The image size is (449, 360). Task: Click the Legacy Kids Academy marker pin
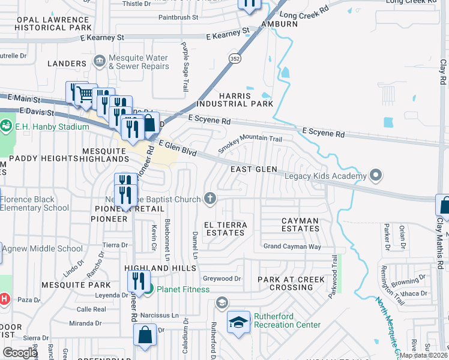coord(376,175)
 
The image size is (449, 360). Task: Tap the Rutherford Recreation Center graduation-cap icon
coord(238,323)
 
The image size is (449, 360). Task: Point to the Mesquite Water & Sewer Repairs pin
coord(99,61)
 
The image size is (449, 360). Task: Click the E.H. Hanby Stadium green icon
coord(6,126)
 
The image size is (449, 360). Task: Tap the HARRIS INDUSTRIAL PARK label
coord(246,100)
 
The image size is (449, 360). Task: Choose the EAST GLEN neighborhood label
coord(255,169)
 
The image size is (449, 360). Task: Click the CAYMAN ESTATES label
coord(301,225)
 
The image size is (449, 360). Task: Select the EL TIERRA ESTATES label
coord(225,228)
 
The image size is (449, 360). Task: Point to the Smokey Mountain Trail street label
coord(250,143)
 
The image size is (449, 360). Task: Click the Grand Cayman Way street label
coord(292,247)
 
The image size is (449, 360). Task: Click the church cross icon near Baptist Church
coord(210,197)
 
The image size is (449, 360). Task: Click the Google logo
coord(20,353)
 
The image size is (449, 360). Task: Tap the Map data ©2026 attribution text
coord(423,355)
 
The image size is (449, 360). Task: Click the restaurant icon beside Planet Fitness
coord(139,281)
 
